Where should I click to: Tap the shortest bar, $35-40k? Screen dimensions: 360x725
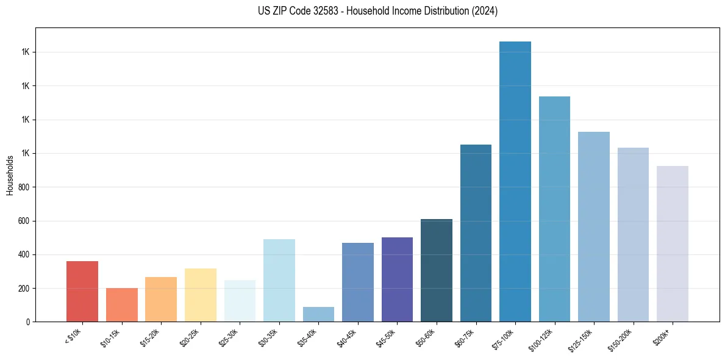(x=318, y=314)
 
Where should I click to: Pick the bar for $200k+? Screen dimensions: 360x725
(x=672, y=243)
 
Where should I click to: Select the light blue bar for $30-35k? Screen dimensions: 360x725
(x=279, y=280)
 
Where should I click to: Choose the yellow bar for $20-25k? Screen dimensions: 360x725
(x=200, y=295)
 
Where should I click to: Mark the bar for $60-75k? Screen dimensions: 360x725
(x=476, y=232)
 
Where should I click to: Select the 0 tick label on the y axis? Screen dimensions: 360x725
(x=29, y=322)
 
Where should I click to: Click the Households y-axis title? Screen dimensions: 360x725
(x=10, y=175)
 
